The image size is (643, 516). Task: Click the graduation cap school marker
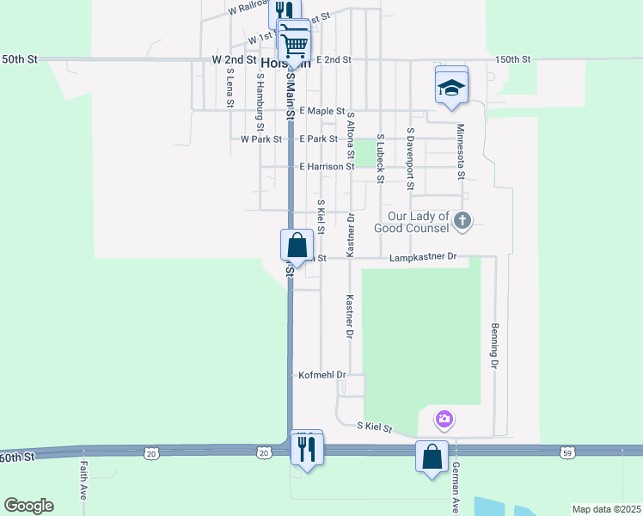tap(451, 86)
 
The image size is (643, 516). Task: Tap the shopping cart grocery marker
tap(294, 42)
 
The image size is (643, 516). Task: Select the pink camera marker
tap(444, 420)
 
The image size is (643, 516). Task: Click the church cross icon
tap(462, 221)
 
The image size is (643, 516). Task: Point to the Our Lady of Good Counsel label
tap(419, 222)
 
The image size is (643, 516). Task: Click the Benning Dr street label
tap(495, 347)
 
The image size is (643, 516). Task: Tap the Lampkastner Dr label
tap(422, 257)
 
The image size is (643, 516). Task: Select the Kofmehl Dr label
tap(321, 375)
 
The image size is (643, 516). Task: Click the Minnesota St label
tap(461, 150)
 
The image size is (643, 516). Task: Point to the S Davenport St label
tap(411, 159)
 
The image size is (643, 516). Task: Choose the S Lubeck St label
tap(379, 158)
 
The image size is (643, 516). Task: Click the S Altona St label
tap(351, 145)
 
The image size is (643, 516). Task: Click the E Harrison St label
tap(327, 166)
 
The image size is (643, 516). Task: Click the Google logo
tap(28, 506)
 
